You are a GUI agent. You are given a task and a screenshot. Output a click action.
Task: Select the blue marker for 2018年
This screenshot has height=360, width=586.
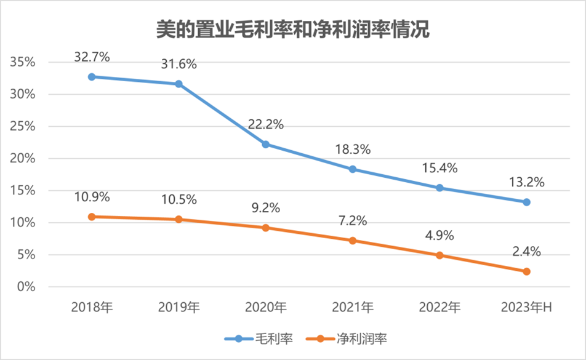click(92, 77)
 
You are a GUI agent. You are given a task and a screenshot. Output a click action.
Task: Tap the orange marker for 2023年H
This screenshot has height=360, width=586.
click(527, 271)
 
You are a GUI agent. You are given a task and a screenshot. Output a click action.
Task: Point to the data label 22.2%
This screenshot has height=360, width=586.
click(266, 124)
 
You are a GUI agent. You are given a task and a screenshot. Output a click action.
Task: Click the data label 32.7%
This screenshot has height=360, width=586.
click(92, 57)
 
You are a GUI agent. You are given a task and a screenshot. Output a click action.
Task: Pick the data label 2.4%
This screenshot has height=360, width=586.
click(527, 251)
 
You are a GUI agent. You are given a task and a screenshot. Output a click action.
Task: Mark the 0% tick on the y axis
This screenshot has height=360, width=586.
click(25, 287)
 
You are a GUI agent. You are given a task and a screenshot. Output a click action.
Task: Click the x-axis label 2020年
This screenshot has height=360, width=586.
click(265, 306)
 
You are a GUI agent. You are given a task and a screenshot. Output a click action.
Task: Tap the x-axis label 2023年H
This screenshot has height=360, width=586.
click(527, 306)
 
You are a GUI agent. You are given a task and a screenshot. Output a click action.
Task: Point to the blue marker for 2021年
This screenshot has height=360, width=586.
click(353, 169)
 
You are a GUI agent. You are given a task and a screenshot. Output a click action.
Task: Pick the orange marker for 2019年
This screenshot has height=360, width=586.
click(179, 219)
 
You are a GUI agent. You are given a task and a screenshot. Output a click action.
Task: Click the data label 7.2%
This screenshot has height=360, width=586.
click(353, 220)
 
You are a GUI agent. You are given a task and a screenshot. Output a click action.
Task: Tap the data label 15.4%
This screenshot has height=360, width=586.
click(439, 168)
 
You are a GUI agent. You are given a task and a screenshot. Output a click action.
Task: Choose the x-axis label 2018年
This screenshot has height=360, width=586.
click(92, 306)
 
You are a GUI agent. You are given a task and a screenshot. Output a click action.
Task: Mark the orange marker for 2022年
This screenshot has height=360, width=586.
click(439, 255)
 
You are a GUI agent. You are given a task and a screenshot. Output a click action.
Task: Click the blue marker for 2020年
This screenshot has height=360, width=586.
click(266, 145)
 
